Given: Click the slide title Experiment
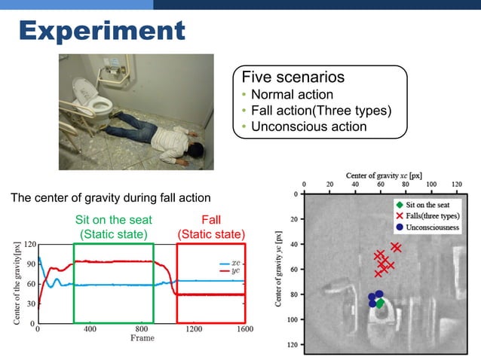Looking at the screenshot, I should pos(102,31).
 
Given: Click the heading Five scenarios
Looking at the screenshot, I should pos(293,78).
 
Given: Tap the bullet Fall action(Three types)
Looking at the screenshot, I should pos(321,111).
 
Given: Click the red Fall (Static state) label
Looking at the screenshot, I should pos(210,227).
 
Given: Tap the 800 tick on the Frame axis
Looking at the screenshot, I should pos(141,329).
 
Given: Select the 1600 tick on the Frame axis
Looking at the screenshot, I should pos(244,329).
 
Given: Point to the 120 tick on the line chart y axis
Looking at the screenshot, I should pos(29,245).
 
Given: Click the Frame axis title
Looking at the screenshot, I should pos(142,338).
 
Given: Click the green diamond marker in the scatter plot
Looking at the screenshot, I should pos(380,303).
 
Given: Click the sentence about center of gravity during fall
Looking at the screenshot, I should pos(110,199).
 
